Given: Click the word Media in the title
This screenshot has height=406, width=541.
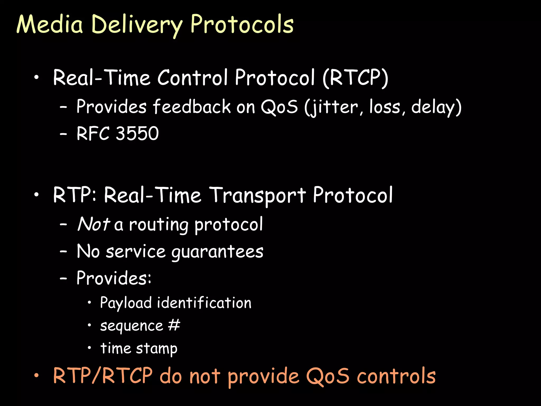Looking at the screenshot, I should (50, 24).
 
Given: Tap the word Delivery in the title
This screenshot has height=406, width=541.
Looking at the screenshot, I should (137, 25).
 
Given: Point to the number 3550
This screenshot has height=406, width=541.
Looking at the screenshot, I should (137, 133).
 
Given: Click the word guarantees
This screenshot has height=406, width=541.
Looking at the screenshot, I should (217, 252).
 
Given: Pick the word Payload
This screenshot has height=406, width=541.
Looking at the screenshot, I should (126, 303).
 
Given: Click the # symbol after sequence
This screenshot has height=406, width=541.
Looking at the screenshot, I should (174, 325).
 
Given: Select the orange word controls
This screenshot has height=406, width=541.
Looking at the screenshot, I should (396, 376).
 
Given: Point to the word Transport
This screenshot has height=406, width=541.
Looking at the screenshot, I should (258, 196).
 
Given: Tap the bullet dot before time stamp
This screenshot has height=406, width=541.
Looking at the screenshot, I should (90, 348).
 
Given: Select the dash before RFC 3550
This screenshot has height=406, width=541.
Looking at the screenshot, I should (63, 134).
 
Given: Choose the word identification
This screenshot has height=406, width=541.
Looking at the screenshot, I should (204, 303).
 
